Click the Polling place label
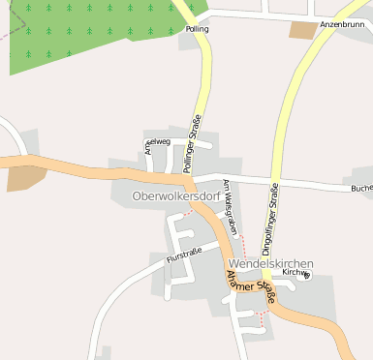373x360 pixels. pos(196,30)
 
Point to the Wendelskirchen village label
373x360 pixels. pos(271,263)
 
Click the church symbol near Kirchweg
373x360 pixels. pos(307,277)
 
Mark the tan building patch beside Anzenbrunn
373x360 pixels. pos(302,30)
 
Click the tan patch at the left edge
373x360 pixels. pos(24,177)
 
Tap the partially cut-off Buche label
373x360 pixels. pos(361,188)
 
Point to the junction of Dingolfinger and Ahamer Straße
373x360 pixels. pos(268,286)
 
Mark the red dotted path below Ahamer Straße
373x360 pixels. pos(260,319)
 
